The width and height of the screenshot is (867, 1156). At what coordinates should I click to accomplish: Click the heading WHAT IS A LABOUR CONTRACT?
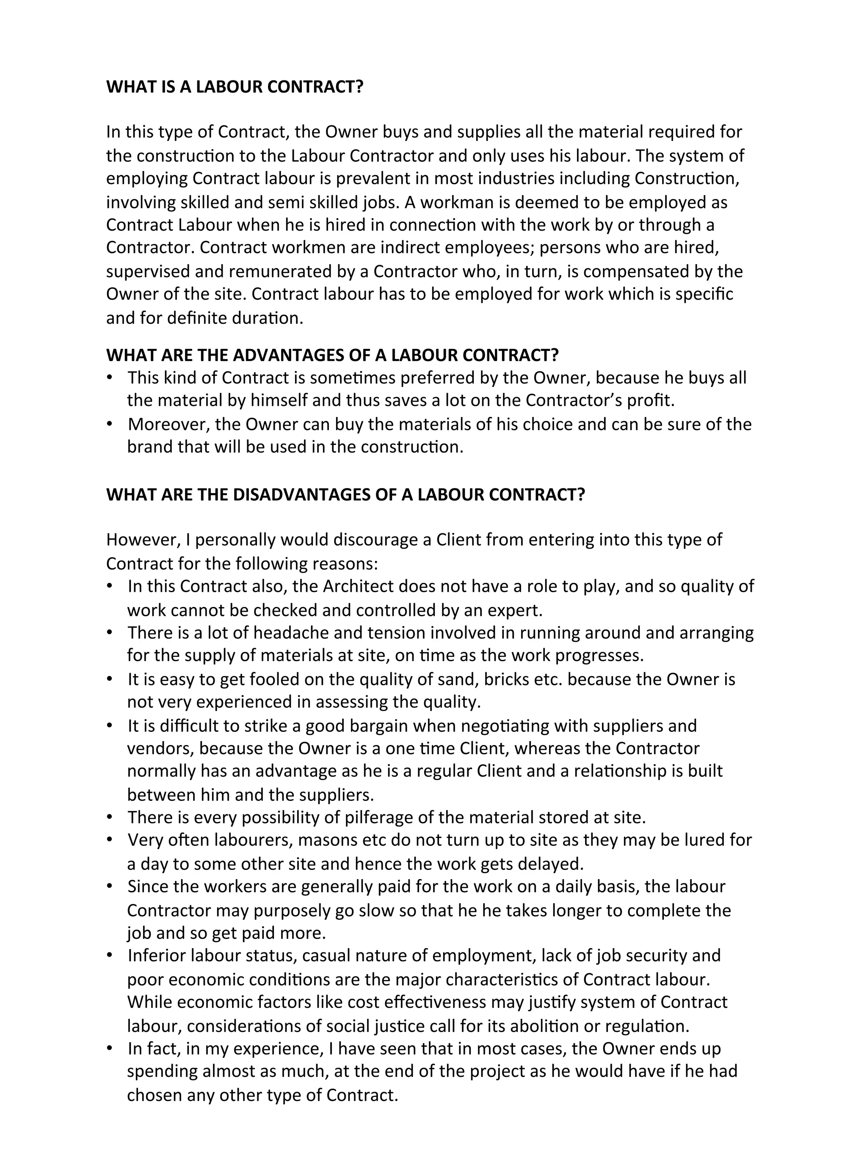(x=234, y=87)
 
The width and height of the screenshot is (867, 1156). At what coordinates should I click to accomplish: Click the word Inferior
(x=156, y=956)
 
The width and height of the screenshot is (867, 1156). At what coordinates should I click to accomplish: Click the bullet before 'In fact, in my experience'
(x=110, y=1049)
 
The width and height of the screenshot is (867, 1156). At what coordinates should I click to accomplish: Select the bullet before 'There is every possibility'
(x=110, y=817)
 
